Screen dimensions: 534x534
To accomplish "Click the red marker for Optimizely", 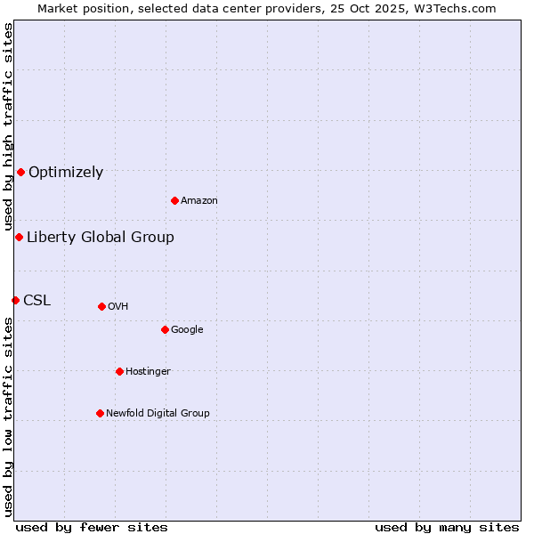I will (20, 172).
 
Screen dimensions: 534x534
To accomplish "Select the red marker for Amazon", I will (174, 200).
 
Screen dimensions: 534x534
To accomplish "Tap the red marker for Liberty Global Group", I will (19, 237).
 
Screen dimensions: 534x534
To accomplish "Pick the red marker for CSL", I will (15, 300).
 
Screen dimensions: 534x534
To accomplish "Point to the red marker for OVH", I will (101, 306).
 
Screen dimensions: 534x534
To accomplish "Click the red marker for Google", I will (165, 329).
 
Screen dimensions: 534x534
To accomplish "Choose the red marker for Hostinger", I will (119, 371).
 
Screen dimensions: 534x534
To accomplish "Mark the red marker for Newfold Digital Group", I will (100, 413).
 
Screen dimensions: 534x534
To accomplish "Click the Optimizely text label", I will (66, 173).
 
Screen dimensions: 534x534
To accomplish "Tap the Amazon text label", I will (199, 201).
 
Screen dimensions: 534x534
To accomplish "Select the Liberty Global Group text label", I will (101, 237).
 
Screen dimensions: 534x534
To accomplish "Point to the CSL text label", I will (37, 301).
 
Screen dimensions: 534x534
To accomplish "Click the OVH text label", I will (118, 307).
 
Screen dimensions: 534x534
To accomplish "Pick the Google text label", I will (187, 330).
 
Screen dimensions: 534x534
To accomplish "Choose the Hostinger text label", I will (148, 372).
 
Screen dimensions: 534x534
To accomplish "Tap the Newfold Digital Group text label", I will (158, 414).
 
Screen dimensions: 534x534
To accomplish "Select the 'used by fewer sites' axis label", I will (92, 527).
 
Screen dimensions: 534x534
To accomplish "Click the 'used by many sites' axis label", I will (447, 527).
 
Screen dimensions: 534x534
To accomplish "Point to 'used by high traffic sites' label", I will (8, 127).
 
